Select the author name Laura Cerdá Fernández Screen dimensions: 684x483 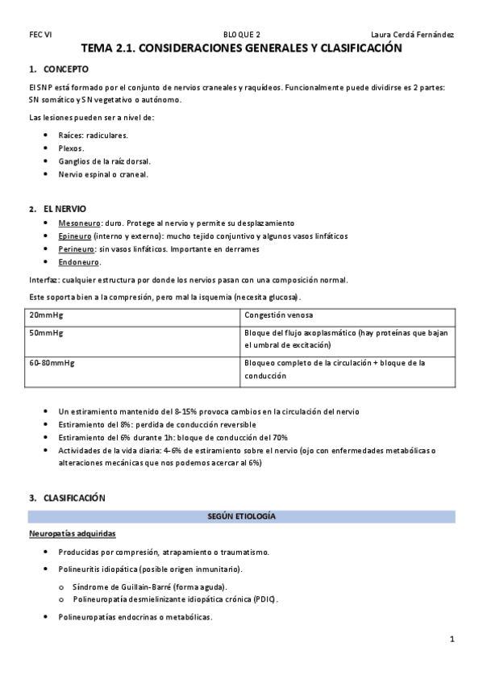[x=412, y=35]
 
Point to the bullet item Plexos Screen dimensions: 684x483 [x=71, y=148]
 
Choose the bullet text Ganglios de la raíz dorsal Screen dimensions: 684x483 [x=99, y=161]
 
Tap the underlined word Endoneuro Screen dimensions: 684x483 [x=79, y=262]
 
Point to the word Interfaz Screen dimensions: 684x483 [x=44, y=280]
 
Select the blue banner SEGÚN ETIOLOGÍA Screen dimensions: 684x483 [x=242, y=515]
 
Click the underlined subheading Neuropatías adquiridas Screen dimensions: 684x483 [x=72, y=534]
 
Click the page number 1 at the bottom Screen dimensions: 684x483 [x=452, y=640]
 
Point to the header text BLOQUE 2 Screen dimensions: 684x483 [x=242, y=35]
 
